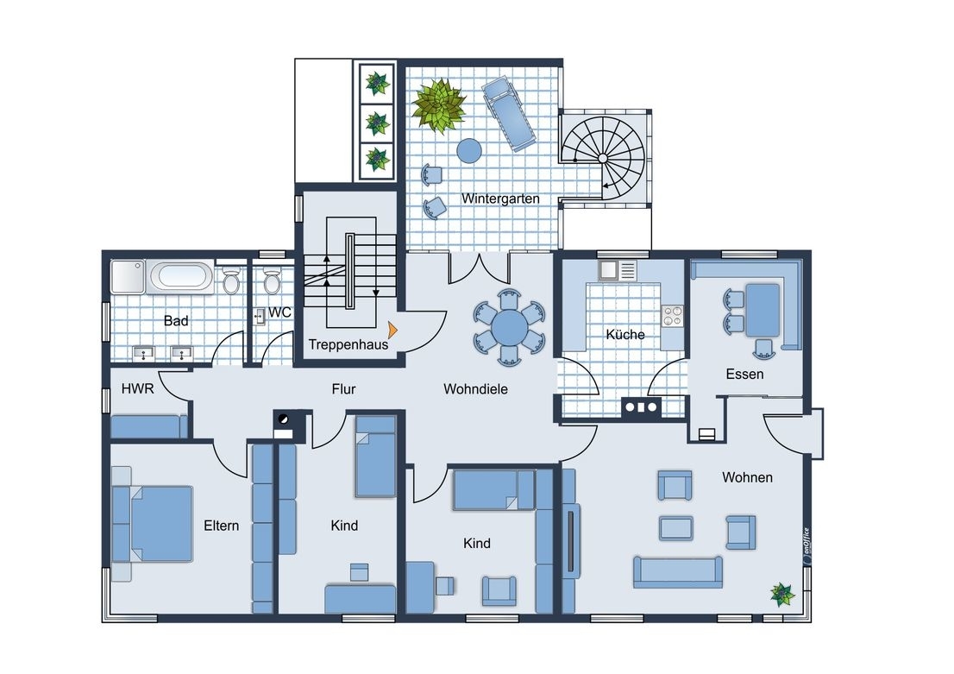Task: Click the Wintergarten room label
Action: tap(500, 198)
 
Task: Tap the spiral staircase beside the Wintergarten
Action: tap(603, 158)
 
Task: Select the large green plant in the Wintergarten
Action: tap(438, 105)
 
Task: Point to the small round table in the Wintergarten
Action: tap(469, 150)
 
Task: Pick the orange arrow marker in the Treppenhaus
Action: tap(392, 330)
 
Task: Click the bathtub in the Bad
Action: tap(179, 276)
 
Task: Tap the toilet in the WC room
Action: tap(272, 281)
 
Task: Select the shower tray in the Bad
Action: tap(128, 277)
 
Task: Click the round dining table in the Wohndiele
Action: tap(510, 327)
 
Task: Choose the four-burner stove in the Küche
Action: tap(672, 316)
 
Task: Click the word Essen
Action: tap(744, 374)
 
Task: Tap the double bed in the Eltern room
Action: tap(161, 524)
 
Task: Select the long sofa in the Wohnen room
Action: tap(678, 571)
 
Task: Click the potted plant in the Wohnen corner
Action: tap(782, 594)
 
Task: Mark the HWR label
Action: tap(137, 388)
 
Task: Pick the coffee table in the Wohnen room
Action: tap(676, 528)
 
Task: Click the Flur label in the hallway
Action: tap(344, 388)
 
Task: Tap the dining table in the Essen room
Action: tap(763, 310)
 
